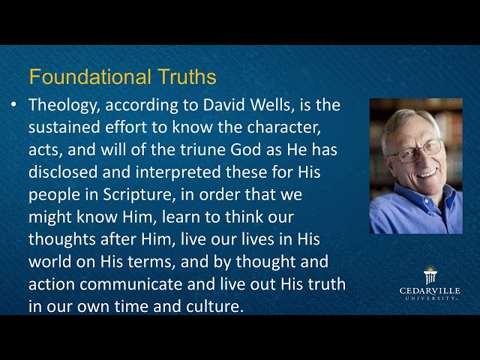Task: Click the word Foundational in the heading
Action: pyautogui.click(x=78, y=76)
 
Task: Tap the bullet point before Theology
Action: pyautogui.click(x=14, y=105)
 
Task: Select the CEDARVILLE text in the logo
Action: pyautogui.click(x=430, y=290)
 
